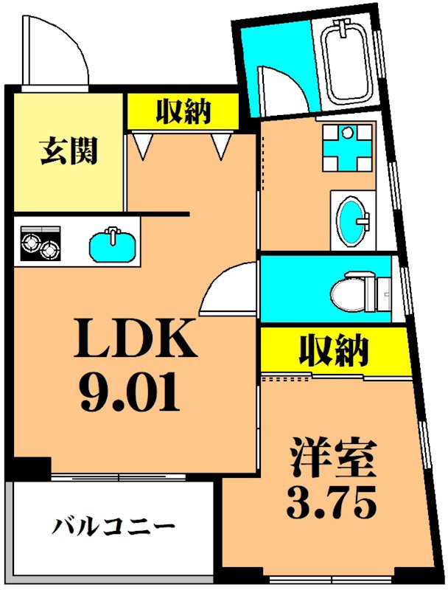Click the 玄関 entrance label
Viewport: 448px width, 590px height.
coord(69,153)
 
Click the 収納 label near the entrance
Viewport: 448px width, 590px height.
coord(182,111)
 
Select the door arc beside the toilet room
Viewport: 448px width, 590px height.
coord(228,289)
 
